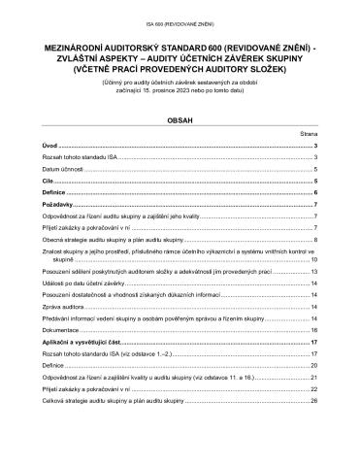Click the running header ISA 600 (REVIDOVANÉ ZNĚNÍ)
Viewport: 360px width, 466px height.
180,18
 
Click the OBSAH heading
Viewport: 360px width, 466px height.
180,123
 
